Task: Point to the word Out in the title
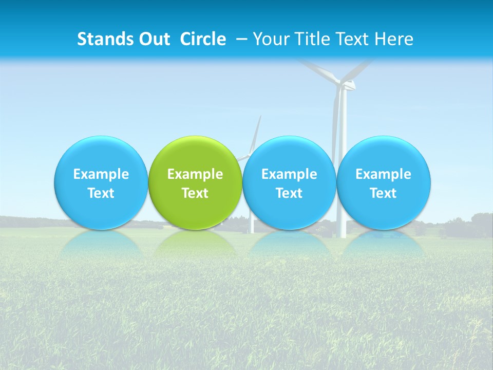pyautogui.click(x=153, y=39)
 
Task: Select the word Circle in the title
pyautogui.click(x=203, y=39)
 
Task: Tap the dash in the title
pyautogui.click(x=241, y=39)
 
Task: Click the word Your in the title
pyautogui.click(x=271, y=39)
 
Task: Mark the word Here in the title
pyautogui.click(x=394, y=39)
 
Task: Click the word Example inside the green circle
pyautogui.click(x=195, y=174)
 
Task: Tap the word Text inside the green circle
pyautogui.click(x=195, y=193)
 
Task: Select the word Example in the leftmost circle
pyautogui.click(x=101, y=174)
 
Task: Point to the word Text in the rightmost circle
pyautogui.click(x=384, y=193)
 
